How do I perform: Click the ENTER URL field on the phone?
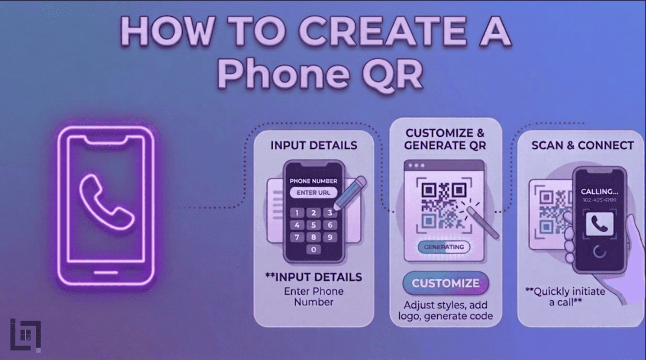[313, 193]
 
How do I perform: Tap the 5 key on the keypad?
[314, 225]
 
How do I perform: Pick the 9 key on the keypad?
[330, 237]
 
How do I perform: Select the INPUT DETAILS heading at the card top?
[314, 145]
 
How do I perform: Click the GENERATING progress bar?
[444, 247]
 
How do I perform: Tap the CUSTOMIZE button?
[446, 283]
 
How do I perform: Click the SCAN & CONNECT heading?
[582, 145]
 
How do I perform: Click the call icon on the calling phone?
[599, 225]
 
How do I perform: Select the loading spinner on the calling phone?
[599, 251]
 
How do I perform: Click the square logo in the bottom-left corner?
[25, 335]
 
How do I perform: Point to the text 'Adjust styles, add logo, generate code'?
[446, 310]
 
